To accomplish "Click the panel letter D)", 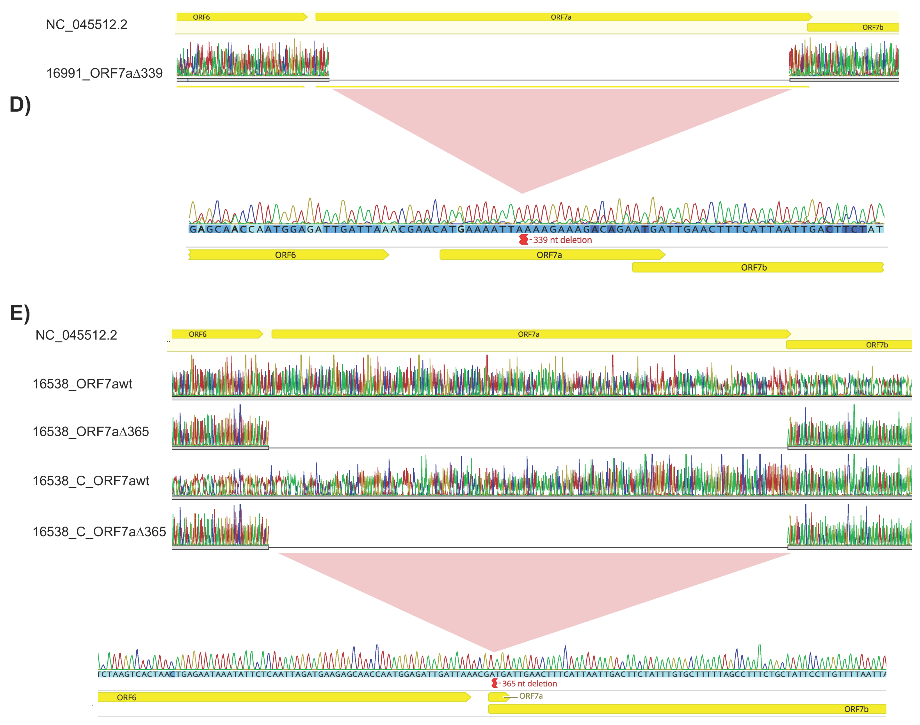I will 20,105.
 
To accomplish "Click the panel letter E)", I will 20,313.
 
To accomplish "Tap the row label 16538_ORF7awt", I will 82,384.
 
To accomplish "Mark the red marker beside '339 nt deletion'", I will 523,240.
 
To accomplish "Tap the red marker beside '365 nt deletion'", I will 494,683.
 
